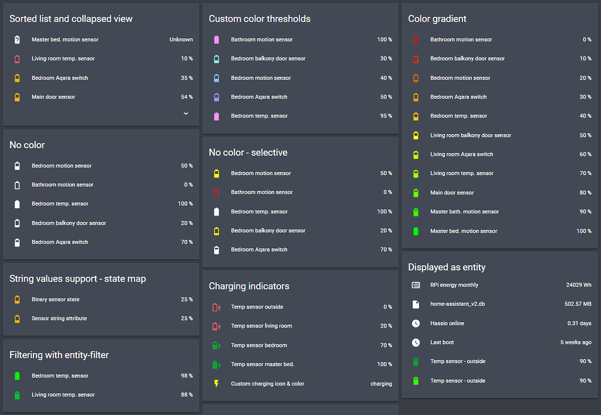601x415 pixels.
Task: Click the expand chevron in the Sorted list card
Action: click(185, 113)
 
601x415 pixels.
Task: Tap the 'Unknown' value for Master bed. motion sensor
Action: click(181, 40)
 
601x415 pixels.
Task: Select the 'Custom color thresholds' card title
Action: click(259, 19)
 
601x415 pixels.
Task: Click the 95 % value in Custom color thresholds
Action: click(386, 116)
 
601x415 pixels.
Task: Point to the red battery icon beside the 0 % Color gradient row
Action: click(416, 40)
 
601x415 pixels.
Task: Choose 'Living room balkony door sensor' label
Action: click(471, 136)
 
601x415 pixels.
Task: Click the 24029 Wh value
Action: click(579, 285)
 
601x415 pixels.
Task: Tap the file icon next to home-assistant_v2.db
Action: click(416, 304)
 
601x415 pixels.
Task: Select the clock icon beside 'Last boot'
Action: click(416, 343)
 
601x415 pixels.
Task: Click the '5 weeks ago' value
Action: click(576, 343)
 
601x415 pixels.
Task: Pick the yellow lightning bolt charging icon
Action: click(217, 384)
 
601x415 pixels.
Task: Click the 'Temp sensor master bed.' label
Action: click(262, 364)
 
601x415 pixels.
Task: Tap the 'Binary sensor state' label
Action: click(56, 300)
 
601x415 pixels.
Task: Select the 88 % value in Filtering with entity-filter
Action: click(187, 395)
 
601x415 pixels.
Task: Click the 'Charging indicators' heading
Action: click(249, 286)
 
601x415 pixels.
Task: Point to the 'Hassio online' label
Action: click(447, 324)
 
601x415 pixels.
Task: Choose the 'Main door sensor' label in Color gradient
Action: click(452, 193)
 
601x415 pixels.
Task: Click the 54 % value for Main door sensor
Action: click(187, 97)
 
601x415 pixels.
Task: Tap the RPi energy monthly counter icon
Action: click(416, 285)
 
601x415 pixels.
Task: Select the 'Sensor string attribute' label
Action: click(59, 319)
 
